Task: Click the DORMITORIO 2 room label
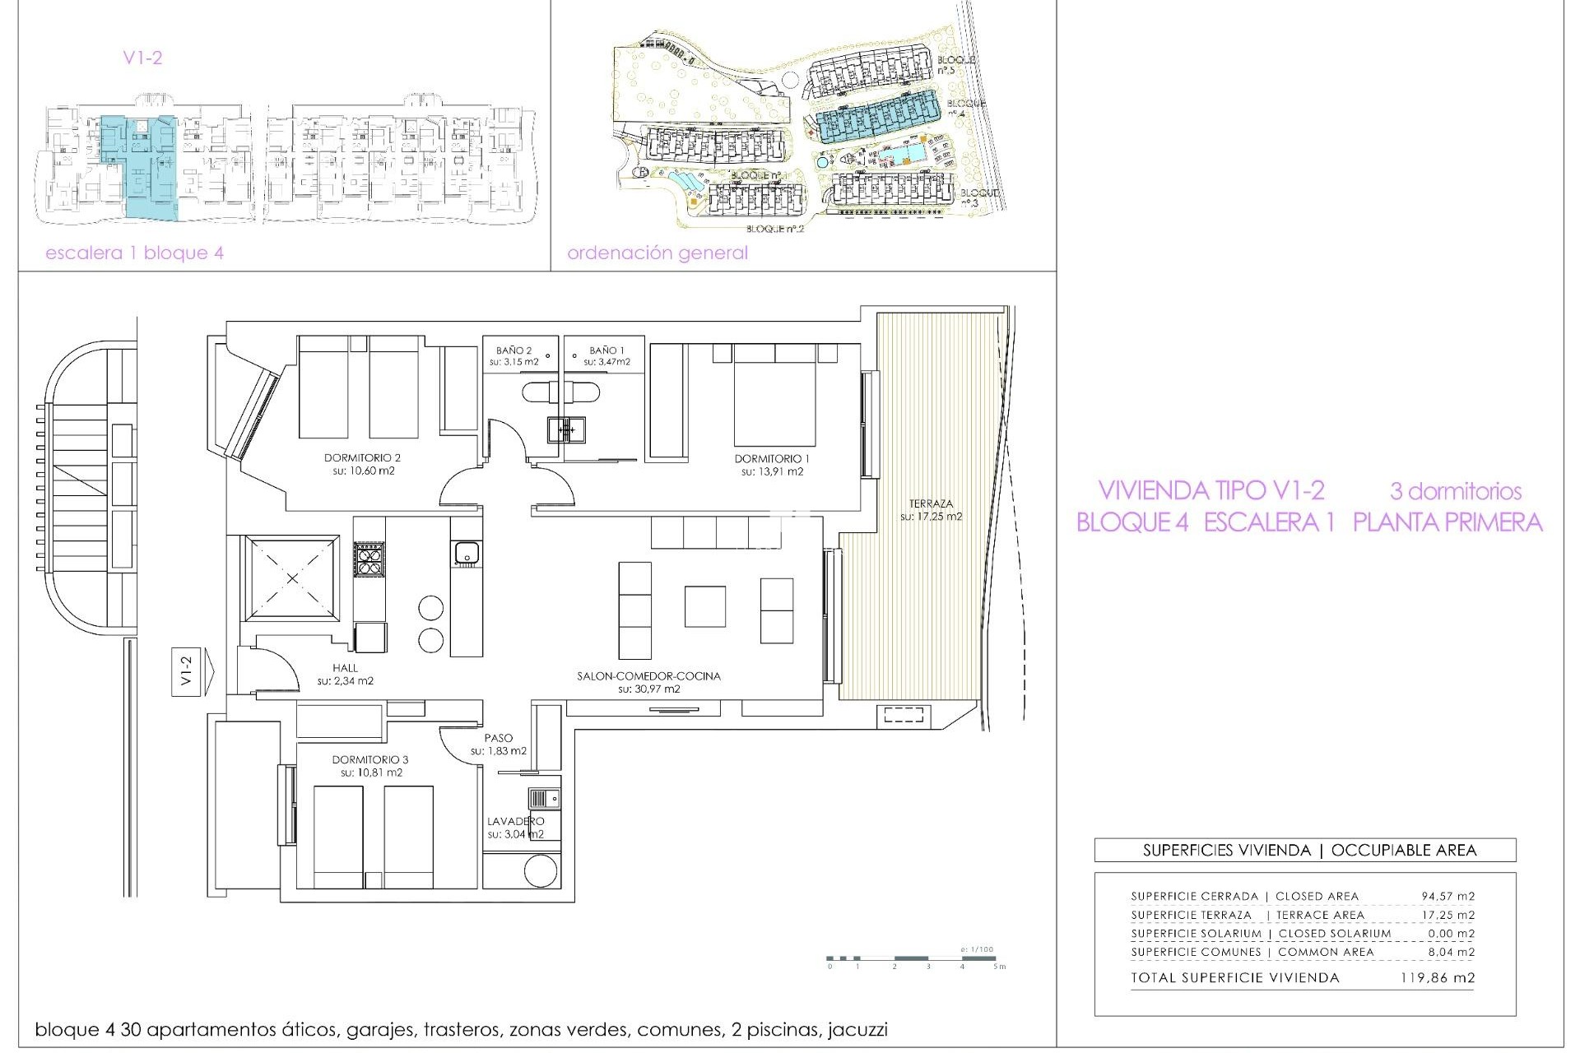click(x=362, y=458)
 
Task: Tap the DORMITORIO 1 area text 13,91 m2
click(x=772, y=472)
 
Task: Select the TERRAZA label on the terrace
click(x=931, y=503)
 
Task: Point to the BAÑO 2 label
click(x=513, y=350)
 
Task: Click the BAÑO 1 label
click(x=606, y=350)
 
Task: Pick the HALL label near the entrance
click(x=346, y=668)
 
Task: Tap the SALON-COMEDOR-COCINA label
click(x=648, y=676)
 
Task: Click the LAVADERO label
click(x=515, y=821)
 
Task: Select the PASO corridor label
click(x=499, y=738)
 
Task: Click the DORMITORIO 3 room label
click(x=369, y=760)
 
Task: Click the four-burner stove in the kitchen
click(x=369, y=561)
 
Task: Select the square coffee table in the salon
click(x=704, y=606)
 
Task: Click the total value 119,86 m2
click(x=1437, y=978)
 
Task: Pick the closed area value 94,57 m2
click(x=1448, y=896)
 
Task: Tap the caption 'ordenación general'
click(x=657, y=253)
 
